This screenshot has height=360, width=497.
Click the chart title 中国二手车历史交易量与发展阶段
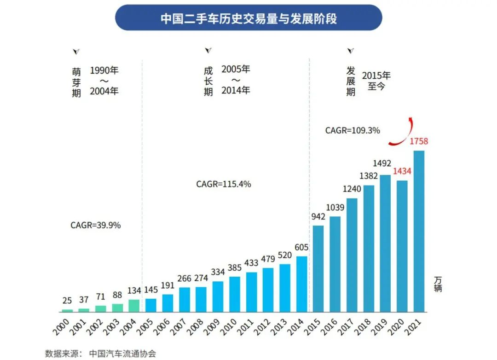pyautogui.click(x=248, y=18)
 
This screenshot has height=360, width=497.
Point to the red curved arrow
pyautogui.click(x=400, y=134)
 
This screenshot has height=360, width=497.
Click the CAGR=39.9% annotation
pyautogui.click(x=95, y=226)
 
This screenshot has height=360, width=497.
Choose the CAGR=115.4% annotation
pyautogui.click(x=224, y=184)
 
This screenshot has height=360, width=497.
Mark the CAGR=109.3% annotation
pyautogui.click(x=353, y=130)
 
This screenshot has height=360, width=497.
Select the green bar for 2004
pyautogui.click(x=134, y=306)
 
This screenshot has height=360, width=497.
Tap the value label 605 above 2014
pyautogui.click(x=301, y=248)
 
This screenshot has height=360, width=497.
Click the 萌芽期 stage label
pyautogui.click(x=76, y=82)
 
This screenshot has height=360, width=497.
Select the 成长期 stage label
pyautogui.click(x=208, y=81)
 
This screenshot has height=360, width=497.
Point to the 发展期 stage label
pyautogui.click(x=351, y=81)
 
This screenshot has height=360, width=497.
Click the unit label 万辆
pyautogui.click(x=437, y=284)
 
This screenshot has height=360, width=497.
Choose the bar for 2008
pyautogui.click(x=201, y=300)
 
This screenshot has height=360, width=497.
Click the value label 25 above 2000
pyautogui.click(x=67, y=301)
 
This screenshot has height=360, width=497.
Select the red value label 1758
pyautogui.click(x=419, y=141)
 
